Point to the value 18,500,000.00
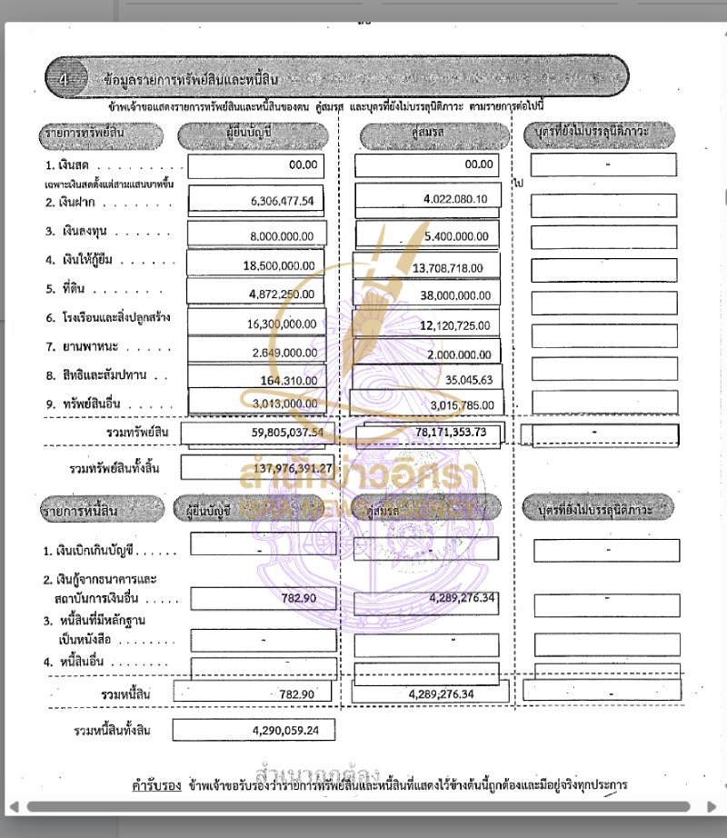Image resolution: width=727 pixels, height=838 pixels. click(x=279, y=264)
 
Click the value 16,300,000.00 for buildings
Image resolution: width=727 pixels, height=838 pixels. click(x=281, y=324)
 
